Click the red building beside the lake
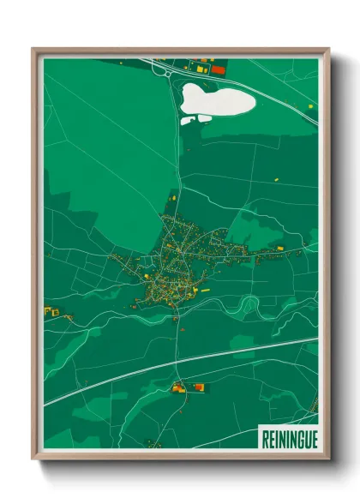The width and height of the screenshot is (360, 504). pos(218,69)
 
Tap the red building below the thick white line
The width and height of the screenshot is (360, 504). pos(200,387)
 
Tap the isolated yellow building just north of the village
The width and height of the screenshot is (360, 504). pos(171,198)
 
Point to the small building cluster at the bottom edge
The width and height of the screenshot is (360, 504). pos(154,443)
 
